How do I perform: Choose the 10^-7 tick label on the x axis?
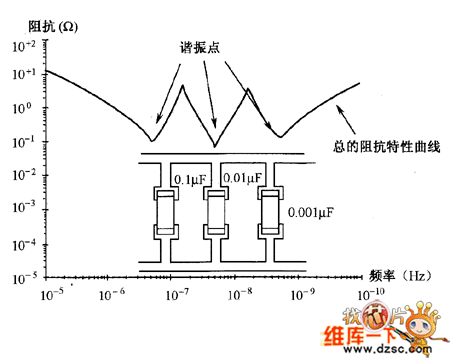(178, 294)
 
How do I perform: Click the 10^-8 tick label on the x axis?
(241, 294)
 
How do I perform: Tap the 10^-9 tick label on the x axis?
(305, 294)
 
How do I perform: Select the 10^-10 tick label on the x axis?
(370, 294)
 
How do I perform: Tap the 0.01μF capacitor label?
(243, 178)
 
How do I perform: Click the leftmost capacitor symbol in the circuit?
(164, 212)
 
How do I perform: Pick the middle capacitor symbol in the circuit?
(213, 212)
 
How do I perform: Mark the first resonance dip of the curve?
(151, 139)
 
